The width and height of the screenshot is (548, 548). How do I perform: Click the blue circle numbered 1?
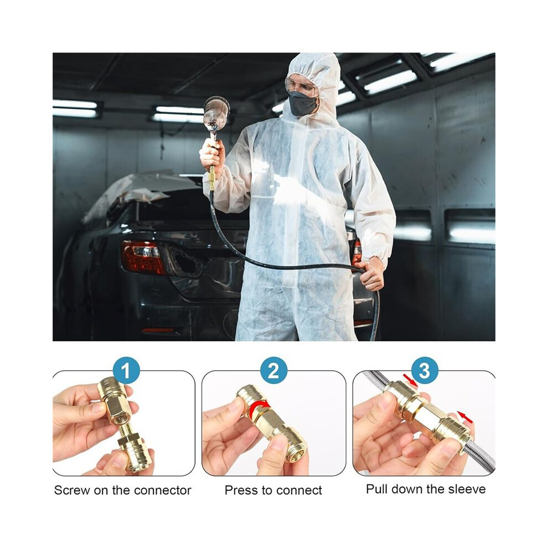pyautogui.click(x=126, y=370)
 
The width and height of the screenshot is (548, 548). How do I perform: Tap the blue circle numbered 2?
pyautogui.click(x=273, y=370)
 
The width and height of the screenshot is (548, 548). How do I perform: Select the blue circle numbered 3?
pyautogui.click(x=425, y=370)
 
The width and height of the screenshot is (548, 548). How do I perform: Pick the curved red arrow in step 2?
pyautogui.click(x=259, y=405)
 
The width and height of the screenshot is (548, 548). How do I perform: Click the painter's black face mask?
pyautogui.click(x=303, y=104)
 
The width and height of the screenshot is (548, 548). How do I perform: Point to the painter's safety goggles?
pyautogui.click(x=301, y=85)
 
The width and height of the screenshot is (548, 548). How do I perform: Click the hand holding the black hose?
pyautogui.click(x=371, y=274)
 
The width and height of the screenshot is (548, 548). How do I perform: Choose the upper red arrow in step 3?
pyautogui.click(x=410, y=380)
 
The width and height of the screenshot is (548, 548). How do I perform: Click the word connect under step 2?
pyautogui.click(x=299, y=490)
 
